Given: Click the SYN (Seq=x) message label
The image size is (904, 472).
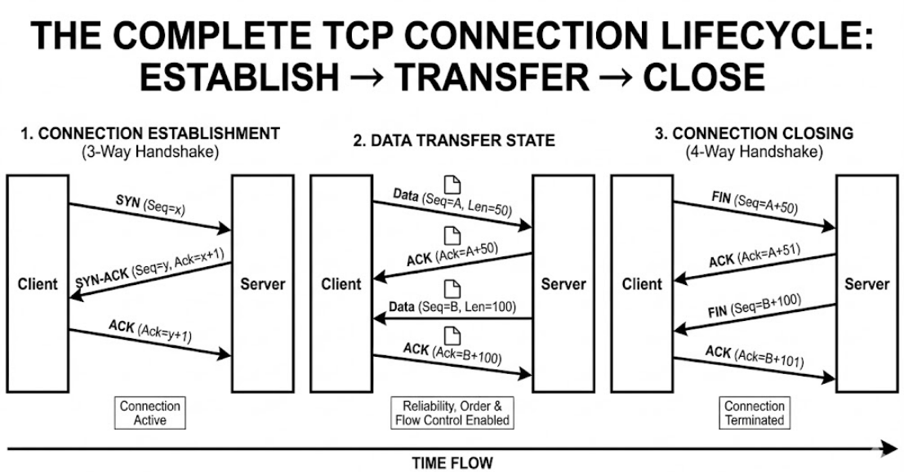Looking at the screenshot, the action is coord(150,205).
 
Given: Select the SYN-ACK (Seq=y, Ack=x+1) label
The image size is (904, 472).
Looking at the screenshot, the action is coord(150,268).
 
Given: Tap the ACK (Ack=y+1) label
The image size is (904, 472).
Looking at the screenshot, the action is coord(150,332).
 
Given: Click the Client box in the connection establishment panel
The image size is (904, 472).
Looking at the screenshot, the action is coord(38,284).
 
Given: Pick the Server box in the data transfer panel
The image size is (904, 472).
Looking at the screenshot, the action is coord(563,284).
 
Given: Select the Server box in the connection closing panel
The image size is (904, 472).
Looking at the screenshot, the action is coord(867,284).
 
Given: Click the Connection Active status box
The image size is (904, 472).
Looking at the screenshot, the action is coord(150,412).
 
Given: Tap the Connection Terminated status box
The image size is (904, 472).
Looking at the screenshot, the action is coord(755,412).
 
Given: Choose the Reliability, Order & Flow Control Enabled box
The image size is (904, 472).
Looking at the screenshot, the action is coord(452,412).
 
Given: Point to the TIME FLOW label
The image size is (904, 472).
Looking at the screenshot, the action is coord(452,463).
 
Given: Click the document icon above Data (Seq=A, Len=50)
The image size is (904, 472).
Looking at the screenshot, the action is coord(453,185).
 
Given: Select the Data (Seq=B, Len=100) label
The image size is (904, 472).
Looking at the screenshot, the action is coord(452,306).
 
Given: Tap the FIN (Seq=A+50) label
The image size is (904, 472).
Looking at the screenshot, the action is coord(755,203).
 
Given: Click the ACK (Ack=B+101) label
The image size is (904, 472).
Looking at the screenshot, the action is coord(755,357).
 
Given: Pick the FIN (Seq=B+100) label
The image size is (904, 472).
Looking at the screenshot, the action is coord(755,305).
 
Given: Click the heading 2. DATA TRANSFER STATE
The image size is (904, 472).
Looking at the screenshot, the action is coord(454,140).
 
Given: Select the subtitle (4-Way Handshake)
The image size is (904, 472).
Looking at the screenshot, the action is coord(754,152).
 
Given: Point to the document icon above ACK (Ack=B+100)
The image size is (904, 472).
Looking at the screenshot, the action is coord(453,336).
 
